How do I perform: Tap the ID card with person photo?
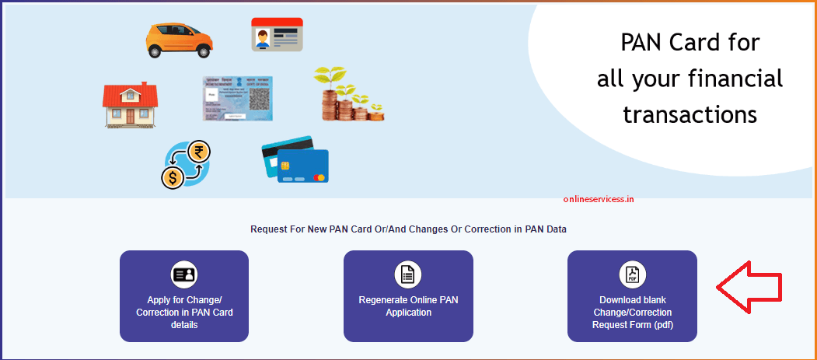tap(277, 35)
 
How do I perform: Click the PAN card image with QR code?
tap(238, 98)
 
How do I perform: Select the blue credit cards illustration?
tap(295, 159)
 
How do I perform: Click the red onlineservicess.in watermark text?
tap(599, 198)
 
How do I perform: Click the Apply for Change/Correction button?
tap(184, 295)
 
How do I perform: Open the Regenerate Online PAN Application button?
tap(408, 295)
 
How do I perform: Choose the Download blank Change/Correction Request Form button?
tap(632, 295)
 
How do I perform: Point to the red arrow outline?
tap(751, 287)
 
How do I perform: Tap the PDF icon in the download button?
tap(632, 274)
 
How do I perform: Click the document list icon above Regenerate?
tap(408, 274)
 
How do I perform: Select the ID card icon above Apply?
tap(184, 274)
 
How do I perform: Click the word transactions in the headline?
tap(690, 114)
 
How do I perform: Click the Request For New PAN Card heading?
tap(408, 229)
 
